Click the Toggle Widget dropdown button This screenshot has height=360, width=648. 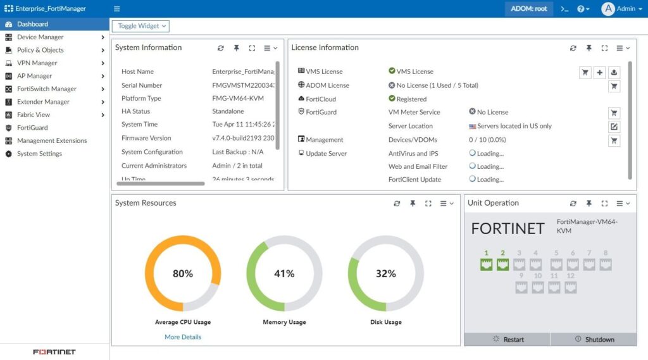tap(140, 26)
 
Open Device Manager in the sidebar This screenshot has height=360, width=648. tap(40, 37)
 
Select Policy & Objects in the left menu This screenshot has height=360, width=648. tap(40, 50)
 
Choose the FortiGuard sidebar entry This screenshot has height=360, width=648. tap(32, 128)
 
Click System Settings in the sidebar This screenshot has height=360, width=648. tap(39, 154)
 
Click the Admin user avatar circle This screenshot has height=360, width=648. tap(608, 9)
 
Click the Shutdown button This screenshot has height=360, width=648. tap(594, 340)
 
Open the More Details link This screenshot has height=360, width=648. tap(183, 337)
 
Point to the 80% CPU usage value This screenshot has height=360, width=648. tap(183, 274)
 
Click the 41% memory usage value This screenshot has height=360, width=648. tap(284, 274)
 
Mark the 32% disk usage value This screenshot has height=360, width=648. tap(385, 274)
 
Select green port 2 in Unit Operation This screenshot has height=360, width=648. tap(503, 264)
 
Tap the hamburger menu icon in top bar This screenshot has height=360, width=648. tap(116, 9)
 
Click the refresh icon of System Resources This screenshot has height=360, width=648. tap(397, 204)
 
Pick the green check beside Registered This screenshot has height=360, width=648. tap(392, 99)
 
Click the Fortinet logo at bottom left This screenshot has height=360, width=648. tap(54, 352)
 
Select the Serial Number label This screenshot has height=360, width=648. tap(142, 85)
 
